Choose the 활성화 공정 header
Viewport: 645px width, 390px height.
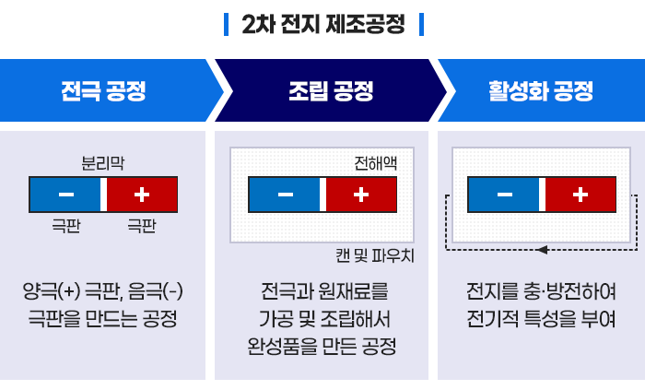(541, 91)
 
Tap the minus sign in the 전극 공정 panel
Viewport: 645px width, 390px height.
(66, 195)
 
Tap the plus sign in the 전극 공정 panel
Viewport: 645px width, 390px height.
(141, 195)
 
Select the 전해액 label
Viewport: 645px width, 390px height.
(376, 163)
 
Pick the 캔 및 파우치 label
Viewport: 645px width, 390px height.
(375, 255)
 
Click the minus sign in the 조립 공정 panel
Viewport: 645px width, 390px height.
(286, 195)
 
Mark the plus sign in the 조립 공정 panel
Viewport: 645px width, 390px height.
(360, 195)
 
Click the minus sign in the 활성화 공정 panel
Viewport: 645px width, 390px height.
(505, 195)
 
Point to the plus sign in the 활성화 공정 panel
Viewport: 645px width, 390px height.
(580, 195)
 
